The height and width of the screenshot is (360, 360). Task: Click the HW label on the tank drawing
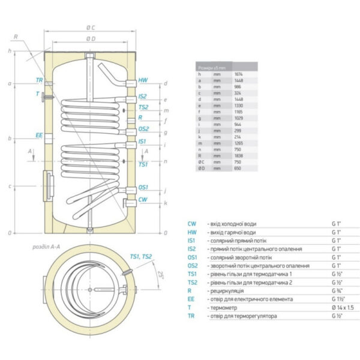143,80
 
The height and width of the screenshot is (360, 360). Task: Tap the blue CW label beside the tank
143,199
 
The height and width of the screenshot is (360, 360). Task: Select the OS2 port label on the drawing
143,128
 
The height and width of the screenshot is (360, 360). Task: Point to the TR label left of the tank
39,80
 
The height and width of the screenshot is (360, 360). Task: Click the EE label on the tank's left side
39,136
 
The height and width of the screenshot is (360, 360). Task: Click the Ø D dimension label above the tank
91,38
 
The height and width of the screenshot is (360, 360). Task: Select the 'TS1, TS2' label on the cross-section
142,257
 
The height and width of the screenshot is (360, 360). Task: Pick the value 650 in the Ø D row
239,169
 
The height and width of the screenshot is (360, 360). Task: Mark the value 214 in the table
239,135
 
